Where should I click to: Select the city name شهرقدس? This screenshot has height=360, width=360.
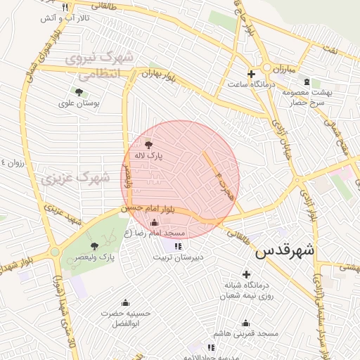(285, 251)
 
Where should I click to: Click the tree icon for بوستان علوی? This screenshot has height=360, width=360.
(78, 91)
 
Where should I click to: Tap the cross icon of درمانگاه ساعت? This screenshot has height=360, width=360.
(251, 74)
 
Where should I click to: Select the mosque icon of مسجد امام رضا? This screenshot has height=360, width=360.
(154, 223)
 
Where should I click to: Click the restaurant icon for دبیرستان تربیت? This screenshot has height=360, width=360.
(177, 246)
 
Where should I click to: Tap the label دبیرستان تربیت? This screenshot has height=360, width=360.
(179, 257)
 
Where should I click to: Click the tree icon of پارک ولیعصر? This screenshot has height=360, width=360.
(94, 246)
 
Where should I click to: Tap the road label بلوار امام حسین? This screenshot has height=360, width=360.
(146, 208)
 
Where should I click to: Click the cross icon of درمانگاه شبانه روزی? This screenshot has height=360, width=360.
(245, 274)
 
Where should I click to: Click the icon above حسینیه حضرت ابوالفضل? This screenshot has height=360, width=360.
(126, 302)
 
